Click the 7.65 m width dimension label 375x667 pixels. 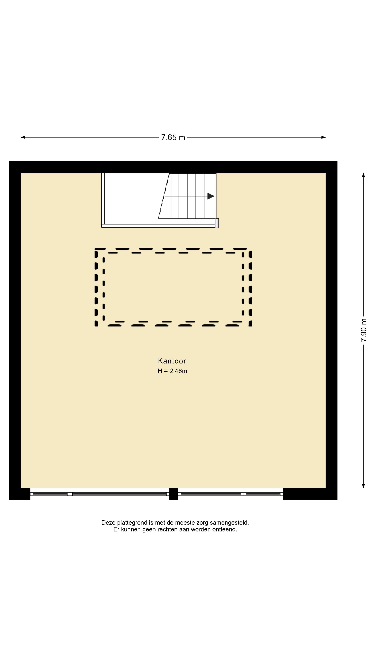click(173, 138)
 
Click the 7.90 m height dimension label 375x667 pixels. click(364, 330)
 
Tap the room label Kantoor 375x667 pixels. click(172, 361)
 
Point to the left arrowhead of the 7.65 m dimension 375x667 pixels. click(23, 137)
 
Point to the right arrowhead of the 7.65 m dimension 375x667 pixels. click(323, 137)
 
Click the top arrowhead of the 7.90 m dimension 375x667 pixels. click(363, 175)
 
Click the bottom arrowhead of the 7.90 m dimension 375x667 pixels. click(363, 486)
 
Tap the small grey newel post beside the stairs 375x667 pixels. click(217, 223)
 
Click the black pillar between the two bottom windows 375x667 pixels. click(174, 494)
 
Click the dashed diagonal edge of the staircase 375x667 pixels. click(164, 196)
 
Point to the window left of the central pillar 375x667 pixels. click(100, 494)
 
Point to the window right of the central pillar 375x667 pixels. click(231, 494)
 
